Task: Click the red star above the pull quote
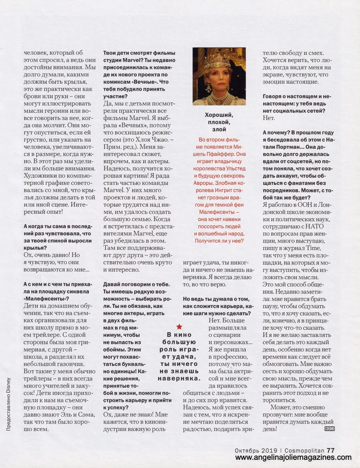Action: pos(178,326)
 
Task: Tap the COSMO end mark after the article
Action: pos(329,429)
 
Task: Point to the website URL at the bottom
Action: pos(290,457)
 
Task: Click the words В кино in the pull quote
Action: pos(179,335)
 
